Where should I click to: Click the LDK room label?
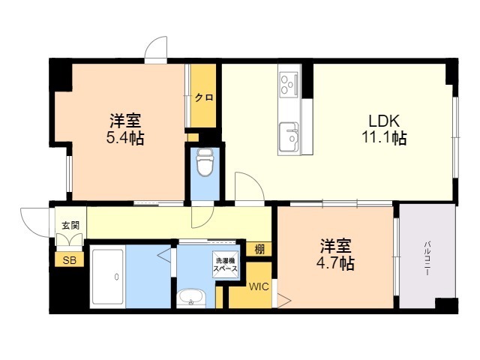point(384,121)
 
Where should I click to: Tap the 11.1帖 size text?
point(384,137)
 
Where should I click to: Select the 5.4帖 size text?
point(125,137)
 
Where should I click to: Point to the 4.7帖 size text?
point(335,263)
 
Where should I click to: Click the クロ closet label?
point(204,97)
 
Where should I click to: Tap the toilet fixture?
point(205,163)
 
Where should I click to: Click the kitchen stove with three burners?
point(289,82)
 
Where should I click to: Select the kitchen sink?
point(289,136)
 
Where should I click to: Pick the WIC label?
point(259,286)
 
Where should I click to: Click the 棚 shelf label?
point(259,250)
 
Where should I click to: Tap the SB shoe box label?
point(69,260)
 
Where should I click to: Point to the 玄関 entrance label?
point(70,226)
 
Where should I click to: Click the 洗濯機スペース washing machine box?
point(225,265)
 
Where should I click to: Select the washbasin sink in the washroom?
point(191,298)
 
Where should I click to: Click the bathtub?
point(107,277)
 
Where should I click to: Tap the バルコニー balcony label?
point(427,258)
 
